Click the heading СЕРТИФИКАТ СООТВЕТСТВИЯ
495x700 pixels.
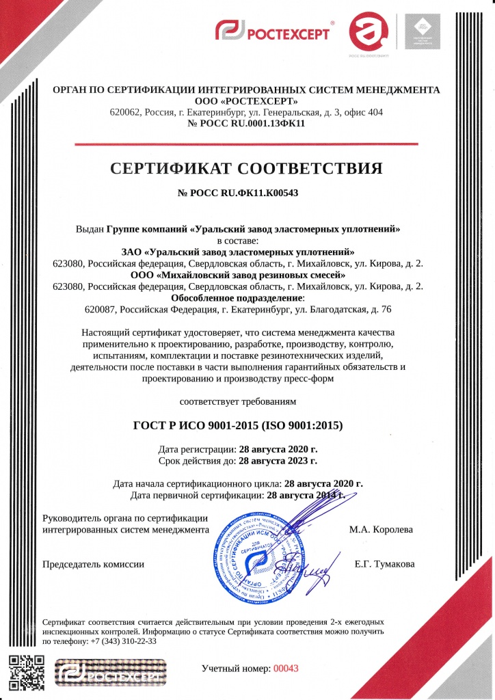point(247,168)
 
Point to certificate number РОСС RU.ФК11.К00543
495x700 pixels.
point(247,193)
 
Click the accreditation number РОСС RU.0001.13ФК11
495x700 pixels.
point(247,124)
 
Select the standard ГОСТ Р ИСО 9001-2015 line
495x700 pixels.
point(247,426)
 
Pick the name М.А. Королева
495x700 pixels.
point(381,529)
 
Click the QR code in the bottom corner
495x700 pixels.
point(27,673)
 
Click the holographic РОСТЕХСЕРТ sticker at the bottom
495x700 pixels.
point(112,672)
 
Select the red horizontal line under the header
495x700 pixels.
point(247,144)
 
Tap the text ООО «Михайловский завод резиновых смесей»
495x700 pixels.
point(247,275)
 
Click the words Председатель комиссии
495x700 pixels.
point(94,564)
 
